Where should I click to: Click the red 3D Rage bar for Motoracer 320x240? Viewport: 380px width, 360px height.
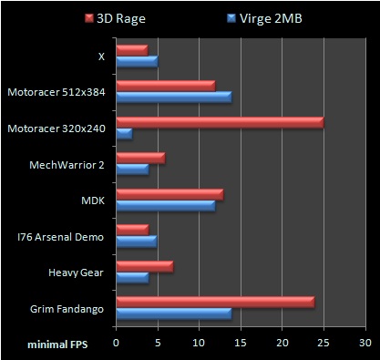pyautogui.click(x=220, y=122)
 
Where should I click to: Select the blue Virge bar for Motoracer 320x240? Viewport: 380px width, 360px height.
pyautogui.click(x=124, y=134)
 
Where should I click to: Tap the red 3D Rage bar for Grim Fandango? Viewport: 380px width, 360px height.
pyautogui.click(x=215, y=302)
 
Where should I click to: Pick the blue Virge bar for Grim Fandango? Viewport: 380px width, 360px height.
pyautogui.click(x=173, y=314)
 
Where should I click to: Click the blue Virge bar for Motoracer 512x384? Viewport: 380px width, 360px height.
pyautogui.click(x=173, y=98)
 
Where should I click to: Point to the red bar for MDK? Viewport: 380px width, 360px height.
pyautogui.click(x=169, y=194)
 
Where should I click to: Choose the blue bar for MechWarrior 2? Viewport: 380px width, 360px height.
pyautogui.click(x=132, y=170)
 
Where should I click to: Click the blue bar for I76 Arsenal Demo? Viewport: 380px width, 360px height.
pyautogui.click(x=137, y=242)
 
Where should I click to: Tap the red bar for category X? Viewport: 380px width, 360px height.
pyautogui.click(x=132, y=50)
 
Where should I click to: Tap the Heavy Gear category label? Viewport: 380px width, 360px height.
pyautogui.click(x=79, y=273)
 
